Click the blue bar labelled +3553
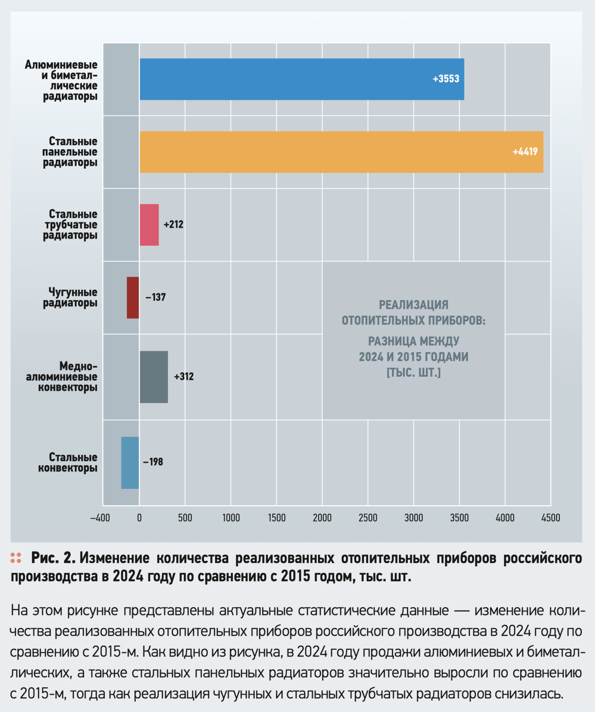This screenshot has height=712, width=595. click(x=301, y=79)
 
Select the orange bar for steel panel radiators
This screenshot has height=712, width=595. click(x=341, y=152)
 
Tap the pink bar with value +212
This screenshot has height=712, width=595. click(x=149, y=225)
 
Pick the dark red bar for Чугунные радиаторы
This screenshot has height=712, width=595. click(x=133, y=298)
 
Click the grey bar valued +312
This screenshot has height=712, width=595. click(x=154, y=377)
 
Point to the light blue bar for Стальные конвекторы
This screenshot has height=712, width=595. click(x=130, y=463)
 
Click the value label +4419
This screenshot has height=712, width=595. click(x=525, y=152)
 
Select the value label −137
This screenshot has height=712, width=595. click(x=156, y=297)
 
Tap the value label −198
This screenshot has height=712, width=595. click(x=153, y=462)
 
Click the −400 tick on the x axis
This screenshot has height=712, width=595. click(x=100, y=518)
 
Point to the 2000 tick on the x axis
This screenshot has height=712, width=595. click(x=322, y=518)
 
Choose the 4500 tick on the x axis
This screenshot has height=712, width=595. click(x=551, y=518)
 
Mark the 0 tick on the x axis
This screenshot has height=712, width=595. click(x=139, y=518)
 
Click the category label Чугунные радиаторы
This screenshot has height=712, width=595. click(x=71, y=297)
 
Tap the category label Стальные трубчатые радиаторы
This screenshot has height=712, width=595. click(x=71, y=225)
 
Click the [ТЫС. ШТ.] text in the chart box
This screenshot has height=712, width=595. click(x=414, y=373)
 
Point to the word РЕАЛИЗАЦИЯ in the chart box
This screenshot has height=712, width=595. click(x=414, y=305)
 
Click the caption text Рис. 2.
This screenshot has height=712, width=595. click(x=53, y=558)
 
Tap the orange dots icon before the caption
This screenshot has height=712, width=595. click(x=16, y=558)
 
